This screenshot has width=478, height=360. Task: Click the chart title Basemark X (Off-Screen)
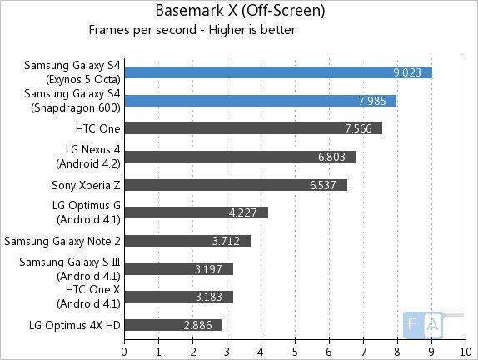(x=239, y=12)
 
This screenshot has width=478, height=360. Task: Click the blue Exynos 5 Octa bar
(x=277, y=72)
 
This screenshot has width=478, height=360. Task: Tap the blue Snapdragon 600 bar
(x=260, y=101)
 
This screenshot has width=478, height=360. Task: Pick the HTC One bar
(x=252, y=128)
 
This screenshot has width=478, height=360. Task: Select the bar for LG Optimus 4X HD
(x=173, y=325)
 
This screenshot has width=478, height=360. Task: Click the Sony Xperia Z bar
(x=235, y=184)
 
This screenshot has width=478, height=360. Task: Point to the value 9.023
(x=408, y=72)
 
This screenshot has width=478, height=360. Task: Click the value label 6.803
(x=333, y=157)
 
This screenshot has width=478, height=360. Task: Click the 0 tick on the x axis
(x=124, y=350)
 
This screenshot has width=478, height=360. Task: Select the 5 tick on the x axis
(x=295, y=350)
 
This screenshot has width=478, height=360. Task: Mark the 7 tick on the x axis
(x=363, y=350)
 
